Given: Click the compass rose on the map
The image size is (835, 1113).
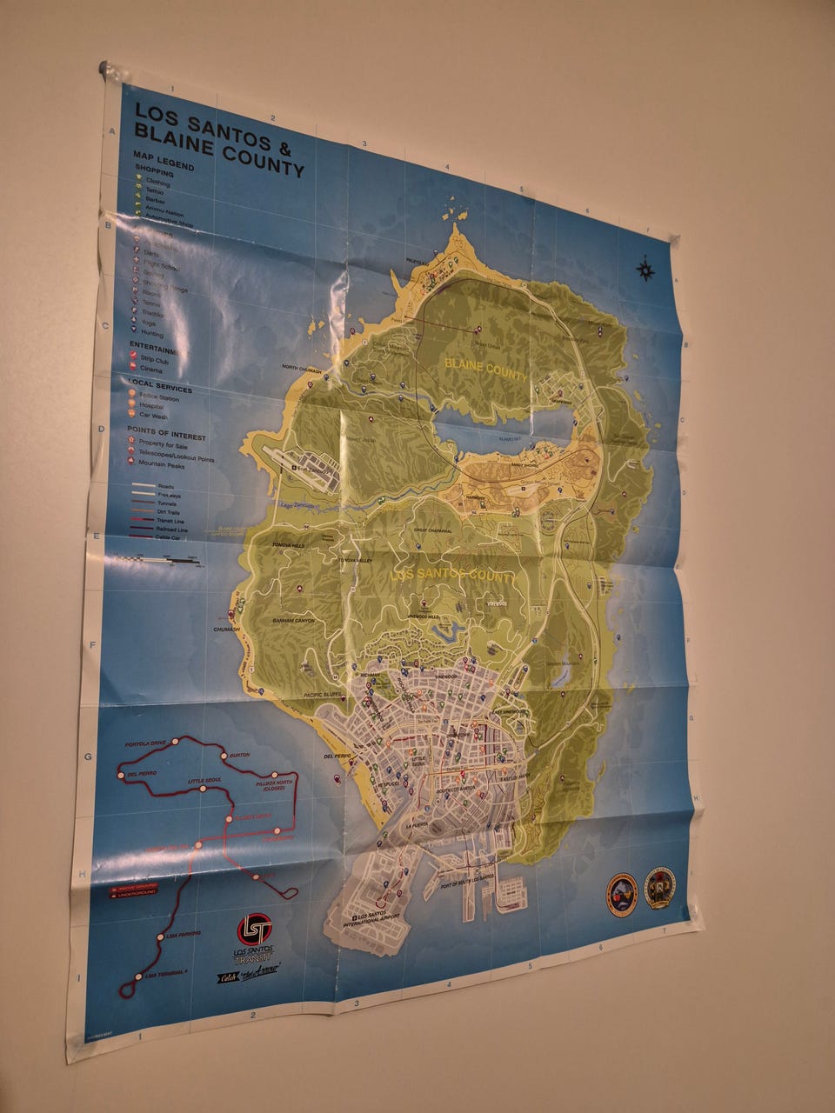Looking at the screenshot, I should (646, 270).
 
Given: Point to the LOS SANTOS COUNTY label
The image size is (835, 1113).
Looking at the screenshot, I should (451, 575).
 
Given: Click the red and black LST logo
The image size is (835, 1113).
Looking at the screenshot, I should (255, 929).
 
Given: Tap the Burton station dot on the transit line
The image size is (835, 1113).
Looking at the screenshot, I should (224, 756).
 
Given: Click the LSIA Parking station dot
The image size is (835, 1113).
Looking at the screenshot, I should (161, 937).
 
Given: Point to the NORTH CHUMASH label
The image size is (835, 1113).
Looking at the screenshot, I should (302, 369).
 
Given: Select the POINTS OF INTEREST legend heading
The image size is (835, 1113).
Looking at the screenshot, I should (166, 432).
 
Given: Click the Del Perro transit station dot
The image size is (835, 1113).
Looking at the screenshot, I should (121, 773).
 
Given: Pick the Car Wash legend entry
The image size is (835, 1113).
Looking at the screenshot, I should (153, 416).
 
